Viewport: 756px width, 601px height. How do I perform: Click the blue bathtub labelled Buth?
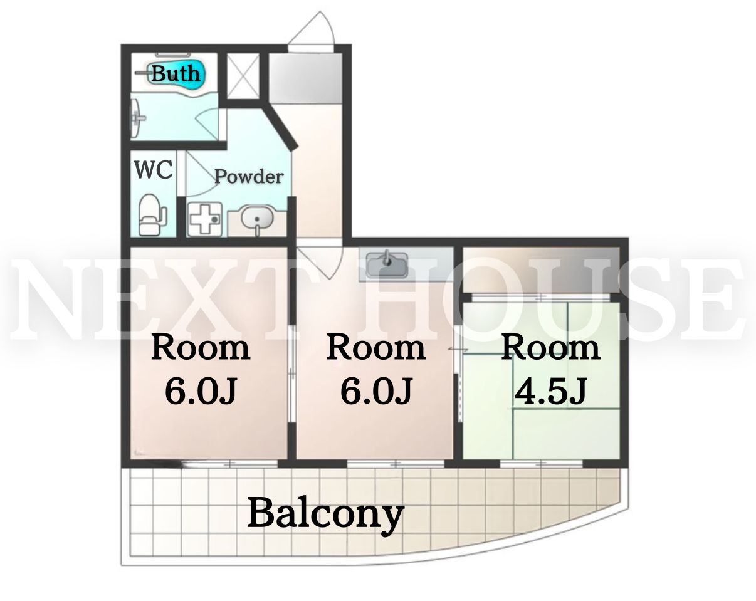(x=176, y=75)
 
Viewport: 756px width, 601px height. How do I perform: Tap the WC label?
(x=154, y=170)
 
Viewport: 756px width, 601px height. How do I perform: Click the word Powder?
(x=249, y=176)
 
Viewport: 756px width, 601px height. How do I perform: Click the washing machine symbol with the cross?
(x=205, y=219)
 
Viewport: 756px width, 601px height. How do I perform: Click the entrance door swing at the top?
(x=311, y=31)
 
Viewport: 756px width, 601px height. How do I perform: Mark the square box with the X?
(x=243, y=76)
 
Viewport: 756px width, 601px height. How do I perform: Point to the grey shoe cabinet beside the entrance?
(x=305, y=78)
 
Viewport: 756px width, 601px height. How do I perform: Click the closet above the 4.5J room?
(x=541, y=269)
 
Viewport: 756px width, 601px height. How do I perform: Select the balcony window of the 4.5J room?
(x=542, y=463)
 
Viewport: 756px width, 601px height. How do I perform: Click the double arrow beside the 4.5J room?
(x=458, y=350)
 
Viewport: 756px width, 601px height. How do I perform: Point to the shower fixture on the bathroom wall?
(x=137, y=118)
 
